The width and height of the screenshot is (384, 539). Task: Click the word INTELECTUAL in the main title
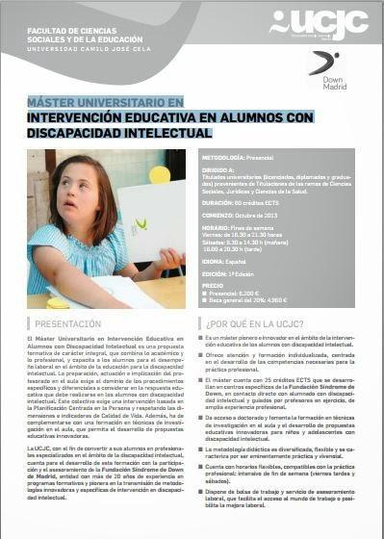point(171,133)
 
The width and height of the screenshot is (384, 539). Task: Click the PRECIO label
point(214,286)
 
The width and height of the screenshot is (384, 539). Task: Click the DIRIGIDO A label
point(219,168)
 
